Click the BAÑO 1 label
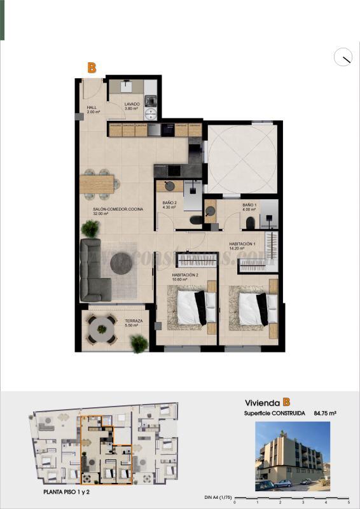[x=249, y=206]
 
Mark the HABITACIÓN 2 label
[x=185, y=276]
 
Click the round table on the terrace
[x=100, y=330]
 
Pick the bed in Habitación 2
[x=191, y=307]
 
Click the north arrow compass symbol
[x=343, y=57]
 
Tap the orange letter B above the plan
[x=92, y=67]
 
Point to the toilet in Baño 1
[x=251, y=222]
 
